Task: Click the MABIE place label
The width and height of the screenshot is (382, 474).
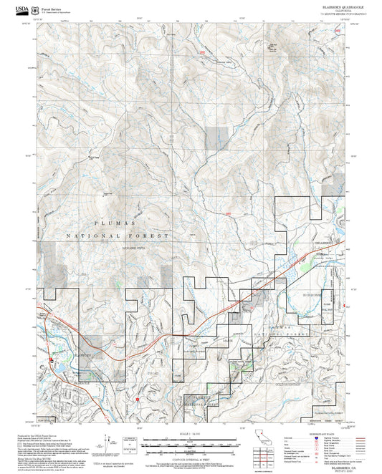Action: (227, 339)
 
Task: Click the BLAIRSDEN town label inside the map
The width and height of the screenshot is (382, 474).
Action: (64, 354)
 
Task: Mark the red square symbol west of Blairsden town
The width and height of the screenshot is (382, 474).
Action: (52, 359)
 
